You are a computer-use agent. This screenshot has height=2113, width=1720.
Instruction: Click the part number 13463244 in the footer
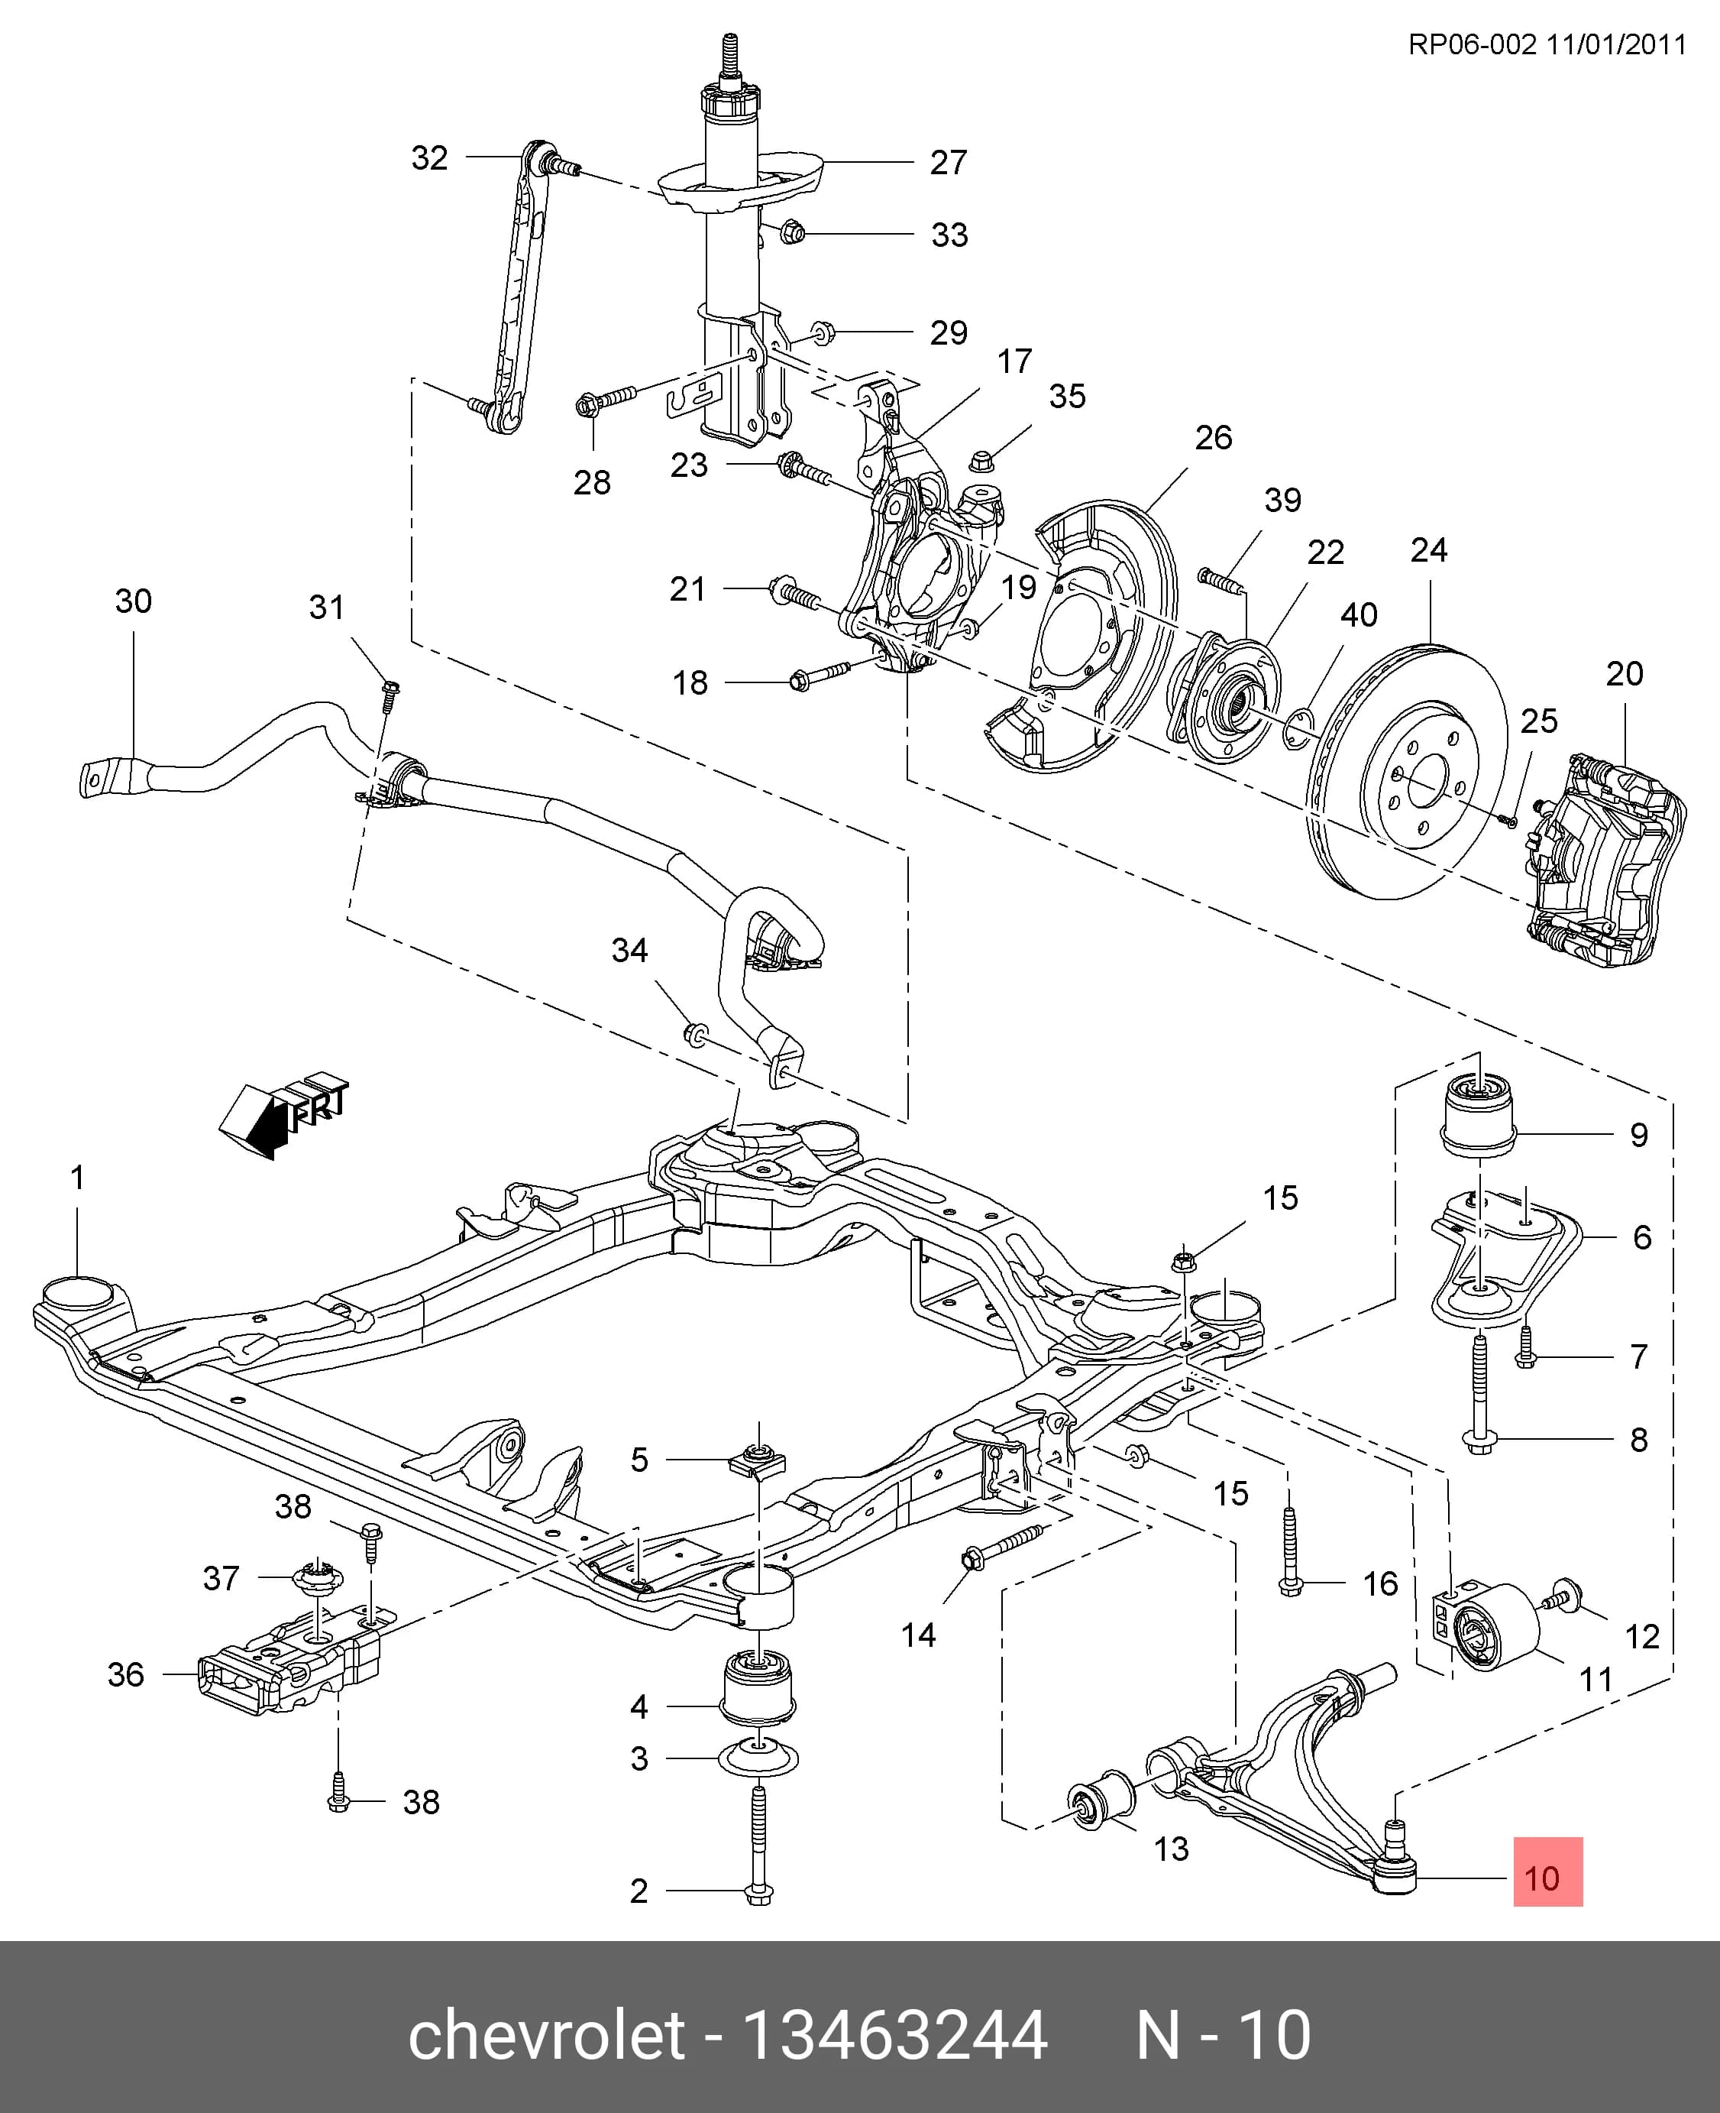894,2036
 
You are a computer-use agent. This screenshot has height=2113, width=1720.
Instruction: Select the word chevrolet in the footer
546,2036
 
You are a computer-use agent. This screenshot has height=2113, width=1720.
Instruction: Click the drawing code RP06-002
1473,44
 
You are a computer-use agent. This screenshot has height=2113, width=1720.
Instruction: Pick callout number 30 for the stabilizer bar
134,601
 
